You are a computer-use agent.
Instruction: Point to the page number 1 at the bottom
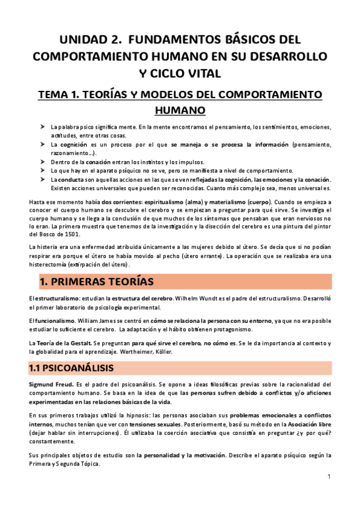(x=329, y=476)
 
